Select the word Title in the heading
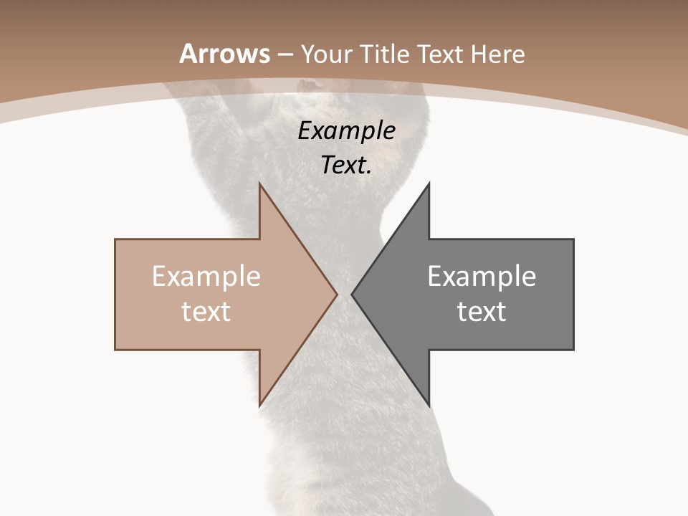point(385,54)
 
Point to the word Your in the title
point(326,54)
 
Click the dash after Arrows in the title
point(285,54)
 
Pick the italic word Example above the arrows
point(346,130)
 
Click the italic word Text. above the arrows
point(346,165)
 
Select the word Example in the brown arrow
point(206,276)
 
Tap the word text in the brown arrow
point(206,311)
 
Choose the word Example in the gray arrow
point(482,276)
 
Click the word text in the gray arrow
point(482,311)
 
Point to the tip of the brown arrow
point(337,294)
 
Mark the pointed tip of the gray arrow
point(352,294)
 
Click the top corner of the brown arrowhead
point(259,183)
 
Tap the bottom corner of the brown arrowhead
point(259,406)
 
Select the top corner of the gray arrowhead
point(429,183)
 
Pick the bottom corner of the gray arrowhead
point(429,406)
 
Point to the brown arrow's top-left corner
point(115,239)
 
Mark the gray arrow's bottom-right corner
point(573,350)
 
